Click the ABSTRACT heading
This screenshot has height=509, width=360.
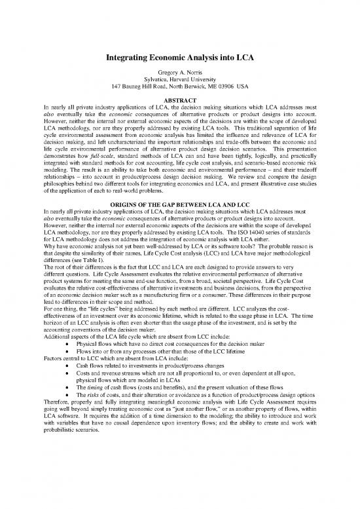[x=180, y=100]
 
